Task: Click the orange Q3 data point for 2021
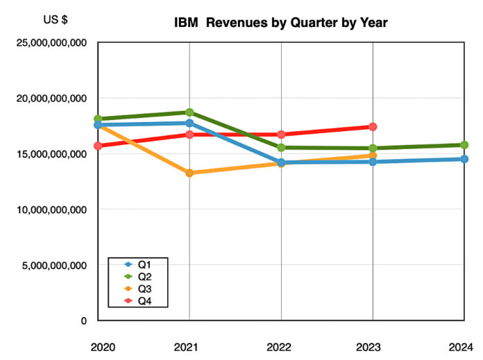pos(189,173)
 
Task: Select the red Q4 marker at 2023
pos(373,127)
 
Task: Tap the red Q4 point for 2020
pos(99,146)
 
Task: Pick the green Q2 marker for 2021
pos(189,112)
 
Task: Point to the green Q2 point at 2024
pos(464,145)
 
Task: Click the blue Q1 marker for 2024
pos(464,159)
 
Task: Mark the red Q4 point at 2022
pos(281,135)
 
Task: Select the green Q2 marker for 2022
pos(281,147)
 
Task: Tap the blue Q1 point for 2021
pos(189,123)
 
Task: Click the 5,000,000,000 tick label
pos(52,265)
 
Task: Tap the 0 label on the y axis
pos(83,320)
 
